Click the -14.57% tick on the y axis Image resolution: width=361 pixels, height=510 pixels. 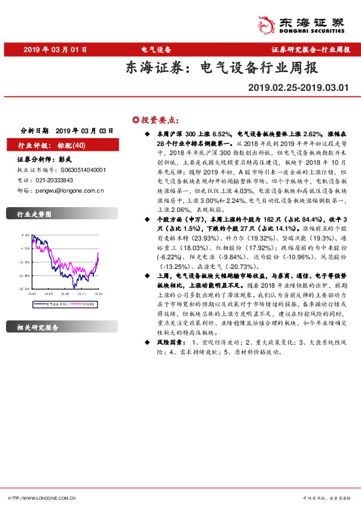click(25, 262)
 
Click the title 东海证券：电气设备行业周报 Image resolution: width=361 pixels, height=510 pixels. click(221, 68)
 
